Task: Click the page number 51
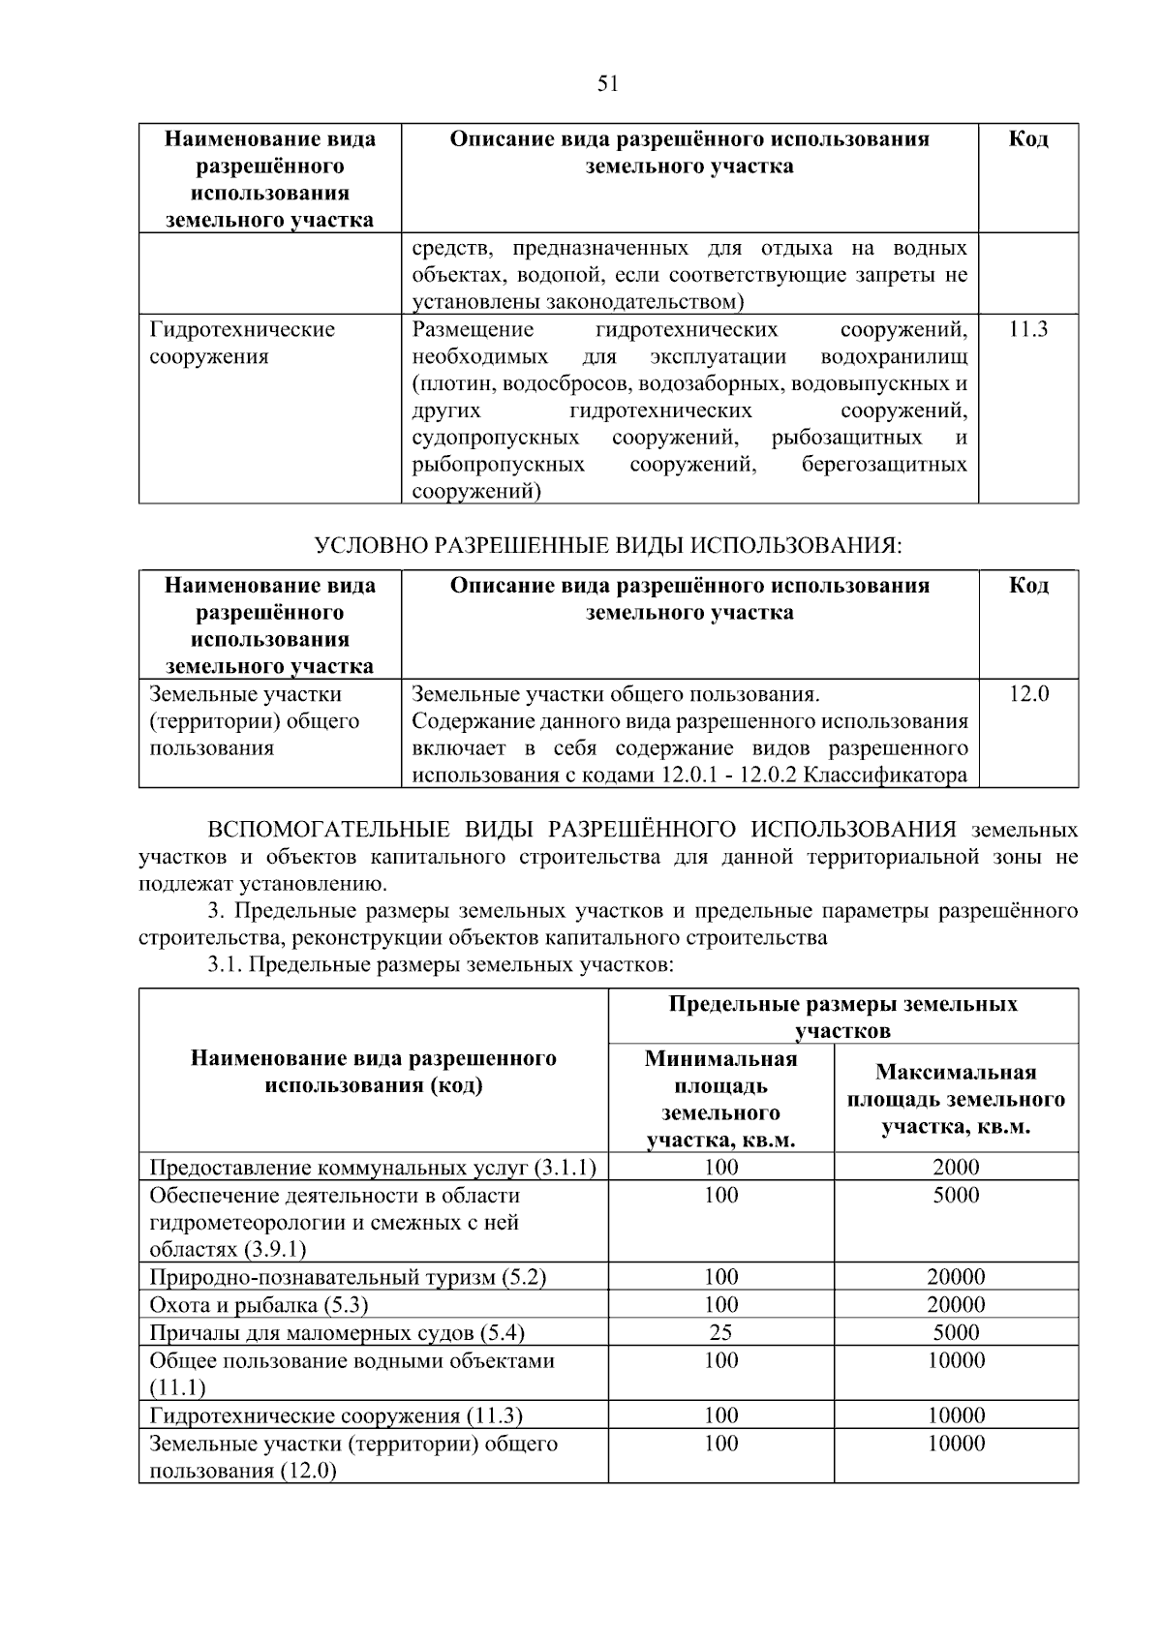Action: click(607, 84)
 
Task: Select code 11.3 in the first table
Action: click(1027, 329)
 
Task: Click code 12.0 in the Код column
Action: click(1027, 693)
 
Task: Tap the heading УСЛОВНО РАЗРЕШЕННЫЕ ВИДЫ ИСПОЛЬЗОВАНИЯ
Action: click(608, 546)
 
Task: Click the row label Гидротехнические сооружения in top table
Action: click(242, 343)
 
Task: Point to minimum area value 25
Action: click(720, 1332)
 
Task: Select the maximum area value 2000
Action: click(956, 1167)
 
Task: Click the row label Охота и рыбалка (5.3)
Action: click(259, 1304)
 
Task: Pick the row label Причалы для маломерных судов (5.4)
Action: click(337, 1332)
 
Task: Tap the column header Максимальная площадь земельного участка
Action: click(956, 1099)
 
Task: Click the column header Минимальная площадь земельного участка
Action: click(720, 1099)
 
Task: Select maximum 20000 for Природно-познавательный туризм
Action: click(956, 1277)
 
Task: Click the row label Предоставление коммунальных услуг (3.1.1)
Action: click(373, 1167)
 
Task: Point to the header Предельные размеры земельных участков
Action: click(842, 1016)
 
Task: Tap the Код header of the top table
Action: click(1027, 138)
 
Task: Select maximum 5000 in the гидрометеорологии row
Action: click(956, 1195)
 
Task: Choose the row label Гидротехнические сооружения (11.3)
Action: click(336, 1415)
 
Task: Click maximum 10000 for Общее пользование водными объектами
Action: click(956, 1360)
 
